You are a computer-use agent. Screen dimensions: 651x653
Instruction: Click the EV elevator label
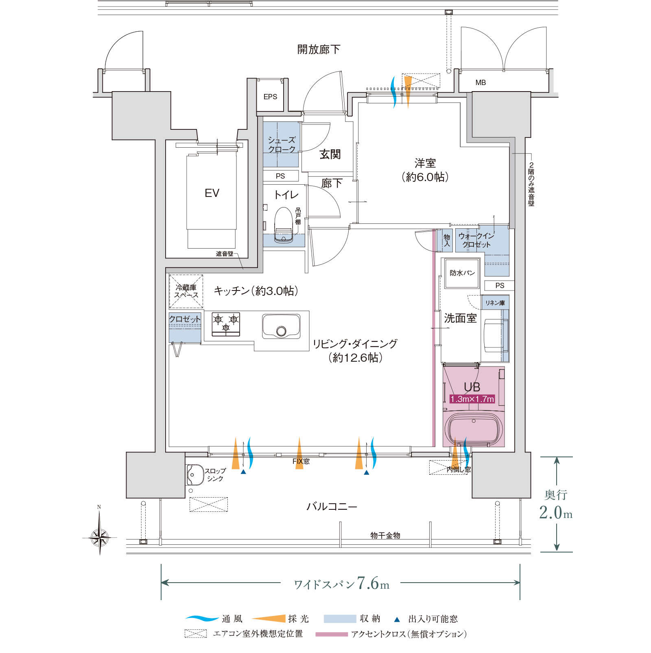212,193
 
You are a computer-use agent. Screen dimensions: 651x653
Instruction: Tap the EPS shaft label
270,97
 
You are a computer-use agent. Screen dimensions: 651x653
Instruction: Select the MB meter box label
481,83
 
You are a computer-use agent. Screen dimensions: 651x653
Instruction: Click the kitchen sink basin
281,326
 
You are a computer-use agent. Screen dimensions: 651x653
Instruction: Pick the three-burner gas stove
226,324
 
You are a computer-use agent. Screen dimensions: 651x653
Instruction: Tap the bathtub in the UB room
474,429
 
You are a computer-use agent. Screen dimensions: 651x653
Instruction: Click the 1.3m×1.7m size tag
472,399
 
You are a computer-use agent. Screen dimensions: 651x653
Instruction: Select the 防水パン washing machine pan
462,273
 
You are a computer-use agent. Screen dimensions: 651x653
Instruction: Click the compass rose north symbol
100,537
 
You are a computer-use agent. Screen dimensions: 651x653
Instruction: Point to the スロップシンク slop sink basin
195,475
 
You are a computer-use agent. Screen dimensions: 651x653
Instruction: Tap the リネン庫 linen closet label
495,303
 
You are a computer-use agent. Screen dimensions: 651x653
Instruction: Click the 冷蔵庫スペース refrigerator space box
186,291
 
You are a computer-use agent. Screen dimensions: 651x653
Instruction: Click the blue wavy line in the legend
202,618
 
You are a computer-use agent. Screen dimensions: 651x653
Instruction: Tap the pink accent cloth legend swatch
332,634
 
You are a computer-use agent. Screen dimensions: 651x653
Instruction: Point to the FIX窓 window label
301,461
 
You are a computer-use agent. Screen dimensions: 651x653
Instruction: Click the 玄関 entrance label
330,154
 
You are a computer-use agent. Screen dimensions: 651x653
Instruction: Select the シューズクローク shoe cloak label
282,145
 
